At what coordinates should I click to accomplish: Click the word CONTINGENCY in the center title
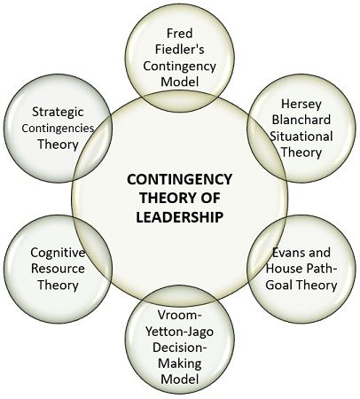point(180,179)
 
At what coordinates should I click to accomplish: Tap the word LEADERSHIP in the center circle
point(179,217)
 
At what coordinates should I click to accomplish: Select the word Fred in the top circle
point(180,33)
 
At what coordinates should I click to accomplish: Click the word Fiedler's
point(180,50)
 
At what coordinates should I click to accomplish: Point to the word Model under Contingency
point(180,82)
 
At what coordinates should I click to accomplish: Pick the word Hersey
point(301,104)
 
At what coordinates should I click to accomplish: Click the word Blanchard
point(301,120)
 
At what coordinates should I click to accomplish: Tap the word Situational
point(301,137)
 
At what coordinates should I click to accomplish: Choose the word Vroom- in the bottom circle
point(180,315)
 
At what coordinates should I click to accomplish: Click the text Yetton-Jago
point(180,332)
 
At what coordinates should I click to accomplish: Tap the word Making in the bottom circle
point(180,364)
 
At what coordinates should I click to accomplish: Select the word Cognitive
point(58,253)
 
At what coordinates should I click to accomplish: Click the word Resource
point(58,269)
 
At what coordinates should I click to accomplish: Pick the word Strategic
point(58,112)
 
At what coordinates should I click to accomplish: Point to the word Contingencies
point(58,129)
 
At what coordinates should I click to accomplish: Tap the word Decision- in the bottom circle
point(180,348)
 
